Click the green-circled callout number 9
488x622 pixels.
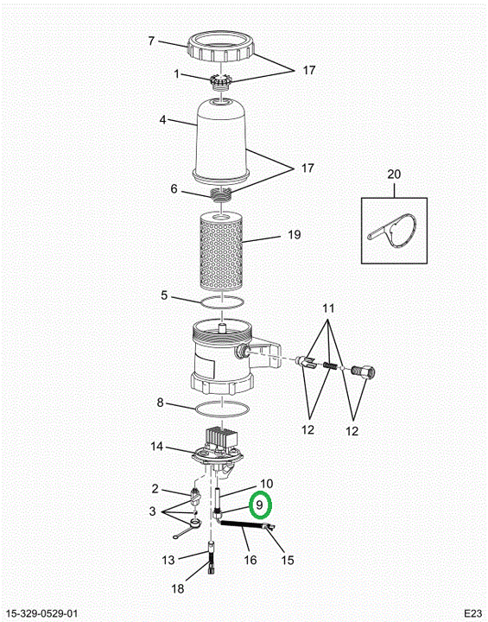[x=260, y=505]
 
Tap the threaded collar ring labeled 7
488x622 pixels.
[x=220, y=48]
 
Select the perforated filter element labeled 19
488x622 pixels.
[x=221, y=251]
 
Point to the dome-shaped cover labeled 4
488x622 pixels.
[x=220, y=140]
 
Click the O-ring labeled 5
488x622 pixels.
[x=222, y=301]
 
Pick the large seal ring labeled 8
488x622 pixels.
[x=222, y=409]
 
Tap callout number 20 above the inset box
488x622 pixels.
[x=394, y=175]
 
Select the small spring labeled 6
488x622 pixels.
[x=221, y=194]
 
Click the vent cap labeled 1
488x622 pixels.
[x=220, y=82]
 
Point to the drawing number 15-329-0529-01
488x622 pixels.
[x=42, y=613]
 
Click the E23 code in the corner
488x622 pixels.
[x=473, y=612]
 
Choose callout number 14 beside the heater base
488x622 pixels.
[x=156, y=447]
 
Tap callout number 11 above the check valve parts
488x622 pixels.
[x=328, y=308]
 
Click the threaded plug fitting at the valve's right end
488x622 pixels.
[x=363, y=371]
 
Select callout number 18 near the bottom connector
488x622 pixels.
[x=178, y=588]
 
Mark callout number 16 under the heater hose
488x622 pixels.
[x=250, y=560]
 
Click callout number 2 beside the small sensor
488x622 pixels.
[x=155, y=488]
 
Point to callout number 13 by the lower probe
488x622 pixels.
[x=168, y=560]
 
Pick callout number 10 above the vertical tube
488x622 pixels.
[x=267, y=484]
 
